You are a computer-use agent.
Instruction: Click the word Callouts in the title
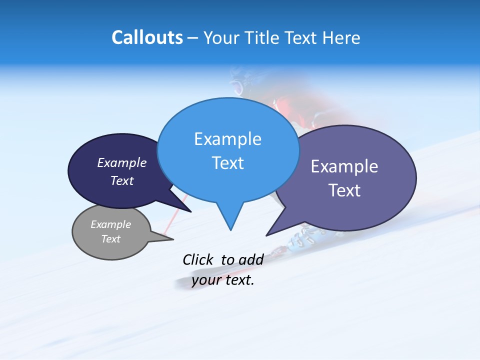[147, 37]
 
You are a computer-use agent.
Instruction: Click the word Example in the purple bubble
[344, 166]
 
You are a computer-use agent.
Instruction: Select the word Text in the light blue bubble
[227, 163]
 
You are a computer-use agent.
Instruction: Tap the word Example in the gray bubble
[111, 224]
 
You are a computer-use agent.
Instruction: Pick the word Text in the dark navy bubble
[122, 180]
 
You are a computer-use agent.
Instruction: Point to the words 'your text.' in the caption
[223, 280]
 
